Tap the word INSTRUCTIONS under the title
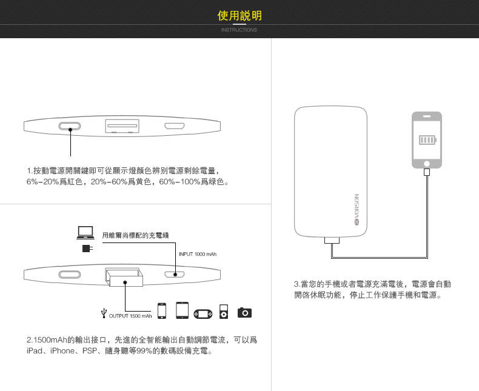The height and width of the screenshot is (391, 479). [239, 30]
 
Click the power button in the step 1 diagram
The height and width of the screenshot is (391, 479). [70, 126]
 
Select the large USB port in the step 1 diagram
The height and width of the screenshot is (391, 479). [122, 126]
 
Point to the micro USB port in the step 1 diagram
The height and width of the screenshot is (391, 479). [175, 126]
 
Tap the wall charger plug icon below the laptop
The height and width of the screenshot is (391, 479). [87, 249]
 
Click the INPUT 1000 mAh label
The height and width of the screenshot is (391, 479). [198, 253]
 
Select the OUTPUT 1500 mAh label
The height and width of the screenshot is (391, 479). [130, 315]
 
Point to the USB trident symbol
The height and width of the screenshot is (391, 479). [104, 313]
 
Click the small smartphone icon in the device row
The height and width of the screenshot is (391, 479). [162, 310]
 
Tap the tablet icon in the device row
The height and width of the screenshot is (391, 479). [183, 310]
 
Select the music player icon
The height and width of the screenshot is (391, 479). [224, 311]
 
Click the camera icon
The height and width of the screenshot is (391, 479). [244, 312]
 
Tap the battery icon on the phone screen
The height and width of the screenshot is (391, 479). [427, 141]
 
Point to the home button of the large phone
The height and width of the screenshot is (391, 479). [427, 164]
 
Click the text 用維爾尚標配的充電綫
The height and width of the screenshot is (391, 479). [135, 235]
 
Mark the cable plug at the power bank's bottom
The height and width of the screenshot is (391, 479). [332, 241]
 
